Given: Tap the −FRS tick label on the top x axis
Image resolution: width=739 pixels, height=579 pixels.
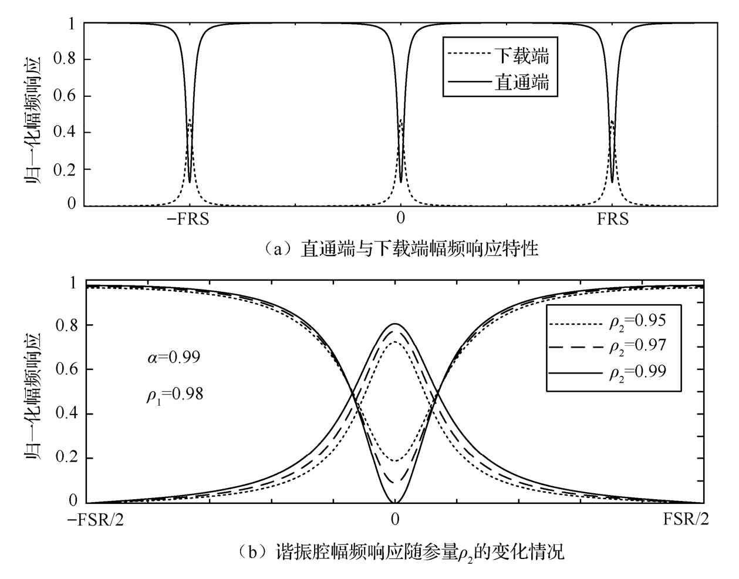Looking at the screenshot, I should pyautogui.click(x=188, y=219).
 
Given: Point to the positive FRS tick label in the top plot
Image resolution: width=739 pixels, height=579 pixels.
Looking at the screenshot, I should pyautogui.click(x=612, y=219).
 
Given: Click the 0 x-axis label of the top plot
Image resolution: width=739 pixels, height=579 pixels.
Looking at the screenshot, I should pyautogui.click(x=400, y=219).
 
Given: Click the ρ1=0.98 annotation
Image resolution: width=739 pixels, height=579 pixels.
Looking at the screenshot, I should pyautogui.click(x=174, y=394).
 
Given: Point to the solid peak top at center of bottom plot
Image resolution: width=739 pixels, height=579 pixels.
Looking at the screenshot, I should pyautogui.click(x=395, y=324).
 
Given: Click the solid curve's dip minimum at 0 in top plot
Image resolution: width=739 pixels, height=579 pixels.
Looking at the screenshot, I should pyautogui.click(x=400, y=182).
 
